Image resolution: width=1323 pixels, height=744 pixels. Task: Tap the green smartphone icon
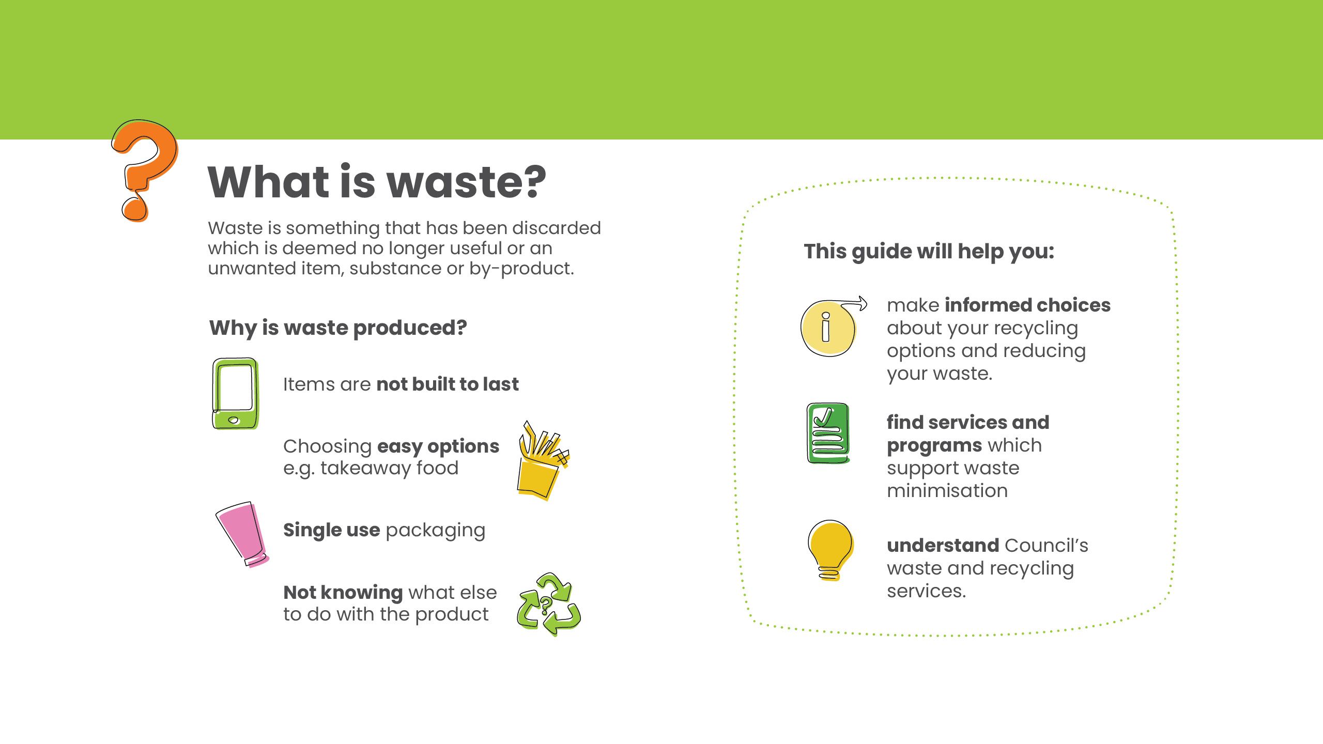(x=235, y=393)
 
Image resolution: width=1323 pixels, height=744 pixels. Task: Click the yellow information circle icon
(x=827, y=328)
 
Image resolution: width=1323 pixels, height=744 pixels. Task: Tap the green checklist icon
(x=828, y=433)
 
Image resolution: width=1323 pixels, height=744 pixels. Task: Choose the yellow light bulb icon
(x=830, y=549)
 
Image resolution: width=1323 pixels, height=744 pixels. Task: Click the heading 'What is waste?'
(x=377, y=182)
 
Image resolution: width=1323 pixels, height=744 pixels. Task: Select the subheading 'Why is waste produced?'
(x=338, y=328)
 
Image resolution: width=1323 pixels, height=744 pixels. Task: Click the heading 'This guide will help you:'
(x=929, y=252)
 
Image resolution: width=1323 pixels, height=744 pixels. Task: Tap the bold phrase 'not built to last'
(x=448, y=384)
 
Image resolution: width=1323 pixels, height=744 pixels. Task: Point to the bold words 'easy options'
(x=438, y=446)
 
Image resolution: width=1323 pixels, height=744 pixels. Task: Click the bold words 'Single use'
(x=331, y=530)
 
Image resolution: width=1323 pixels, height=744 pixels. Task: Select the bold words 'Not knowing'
(x=343, y=592)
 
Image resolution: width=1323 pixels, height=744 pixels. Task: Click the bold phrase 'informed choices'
(x=1027, y=305)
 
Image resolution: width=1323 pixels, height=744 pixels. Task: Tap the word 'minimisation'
(x=947, y=491)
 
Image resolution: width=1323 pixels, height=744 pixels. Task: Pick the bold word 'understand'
(x=943, y=546)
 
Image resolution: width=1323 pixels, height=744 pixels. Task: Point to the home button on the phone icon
(x=234, y=420)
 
